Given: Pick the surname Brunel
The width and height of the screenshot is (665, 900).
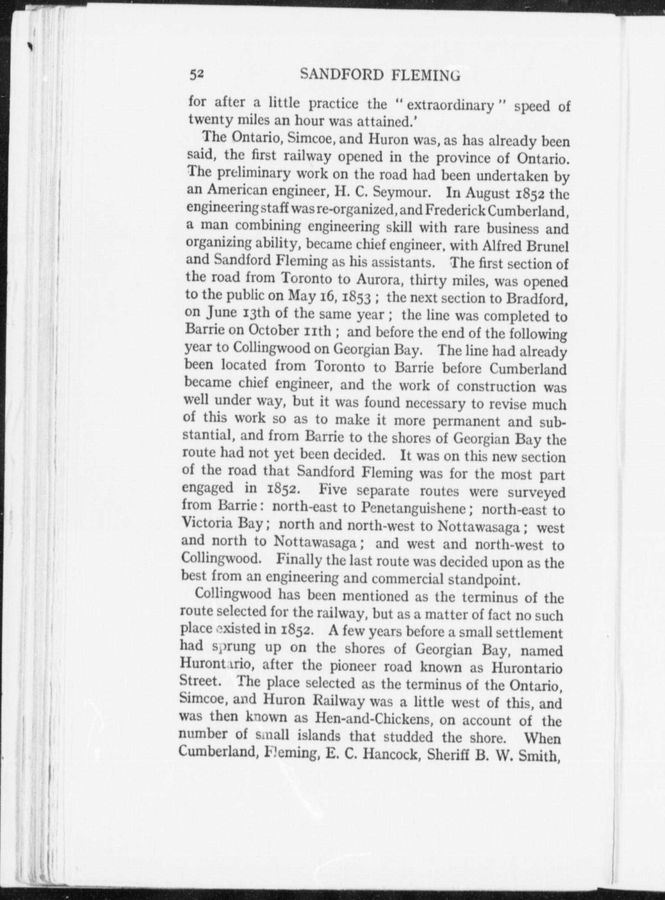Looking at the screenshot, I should click(x=546, y=246).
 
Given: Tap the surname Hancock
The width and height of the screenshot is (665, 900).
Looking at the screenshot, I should click(x=390, y=755).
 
